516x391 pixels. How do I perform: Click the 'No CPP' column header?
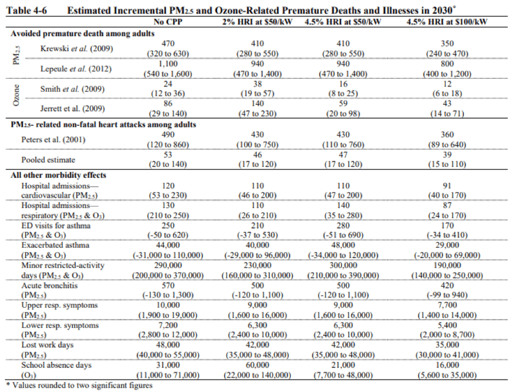(x=168, y=22)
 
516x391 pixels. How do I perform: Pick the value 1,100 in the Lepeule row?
(x=168, y=63)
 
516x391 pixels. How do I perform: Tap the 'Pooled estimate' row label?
(x=48, y=160)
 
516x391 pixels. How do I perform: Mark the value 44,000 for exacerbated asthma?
(x=168, y=245)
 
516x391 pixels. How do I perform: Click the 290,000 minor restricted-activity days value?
(x=168, y=265)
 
